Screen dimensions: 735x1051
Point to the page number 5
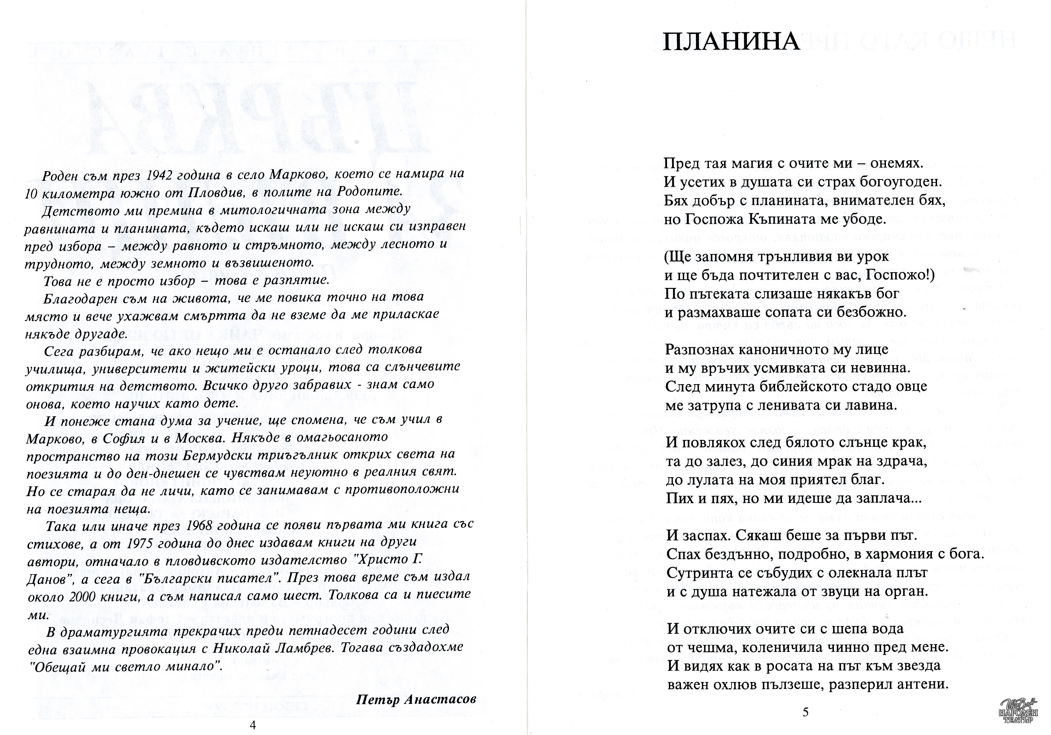coord(806,712)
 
